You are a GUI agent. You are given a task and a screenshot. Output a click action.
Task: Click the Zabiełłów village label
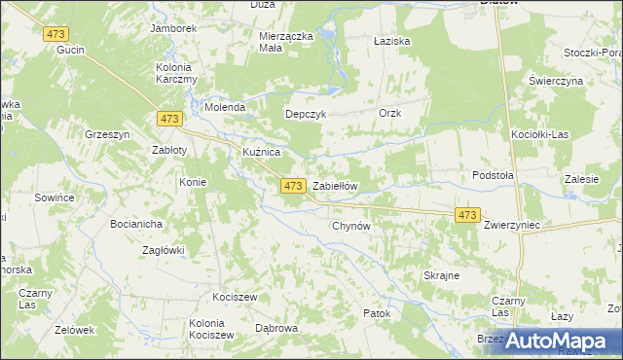coord(336,187)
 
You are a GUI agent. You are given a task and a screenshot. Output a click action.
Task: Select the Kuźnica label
coord(261,154)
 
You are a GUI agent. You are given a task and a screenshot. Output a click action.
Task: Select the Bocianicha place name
coord(136,224)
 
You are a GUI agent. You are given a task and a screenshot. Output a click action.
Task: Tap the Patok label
coord(376,313)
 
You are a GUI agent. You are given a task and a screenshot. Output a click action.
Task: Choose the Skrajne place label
coord(441,275)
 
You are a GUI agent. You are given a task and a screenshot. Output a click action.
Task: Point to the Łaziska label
coord(392,42)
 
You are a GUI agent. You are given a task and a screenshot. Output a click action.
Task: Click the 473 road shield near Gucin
coord(55,34)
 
